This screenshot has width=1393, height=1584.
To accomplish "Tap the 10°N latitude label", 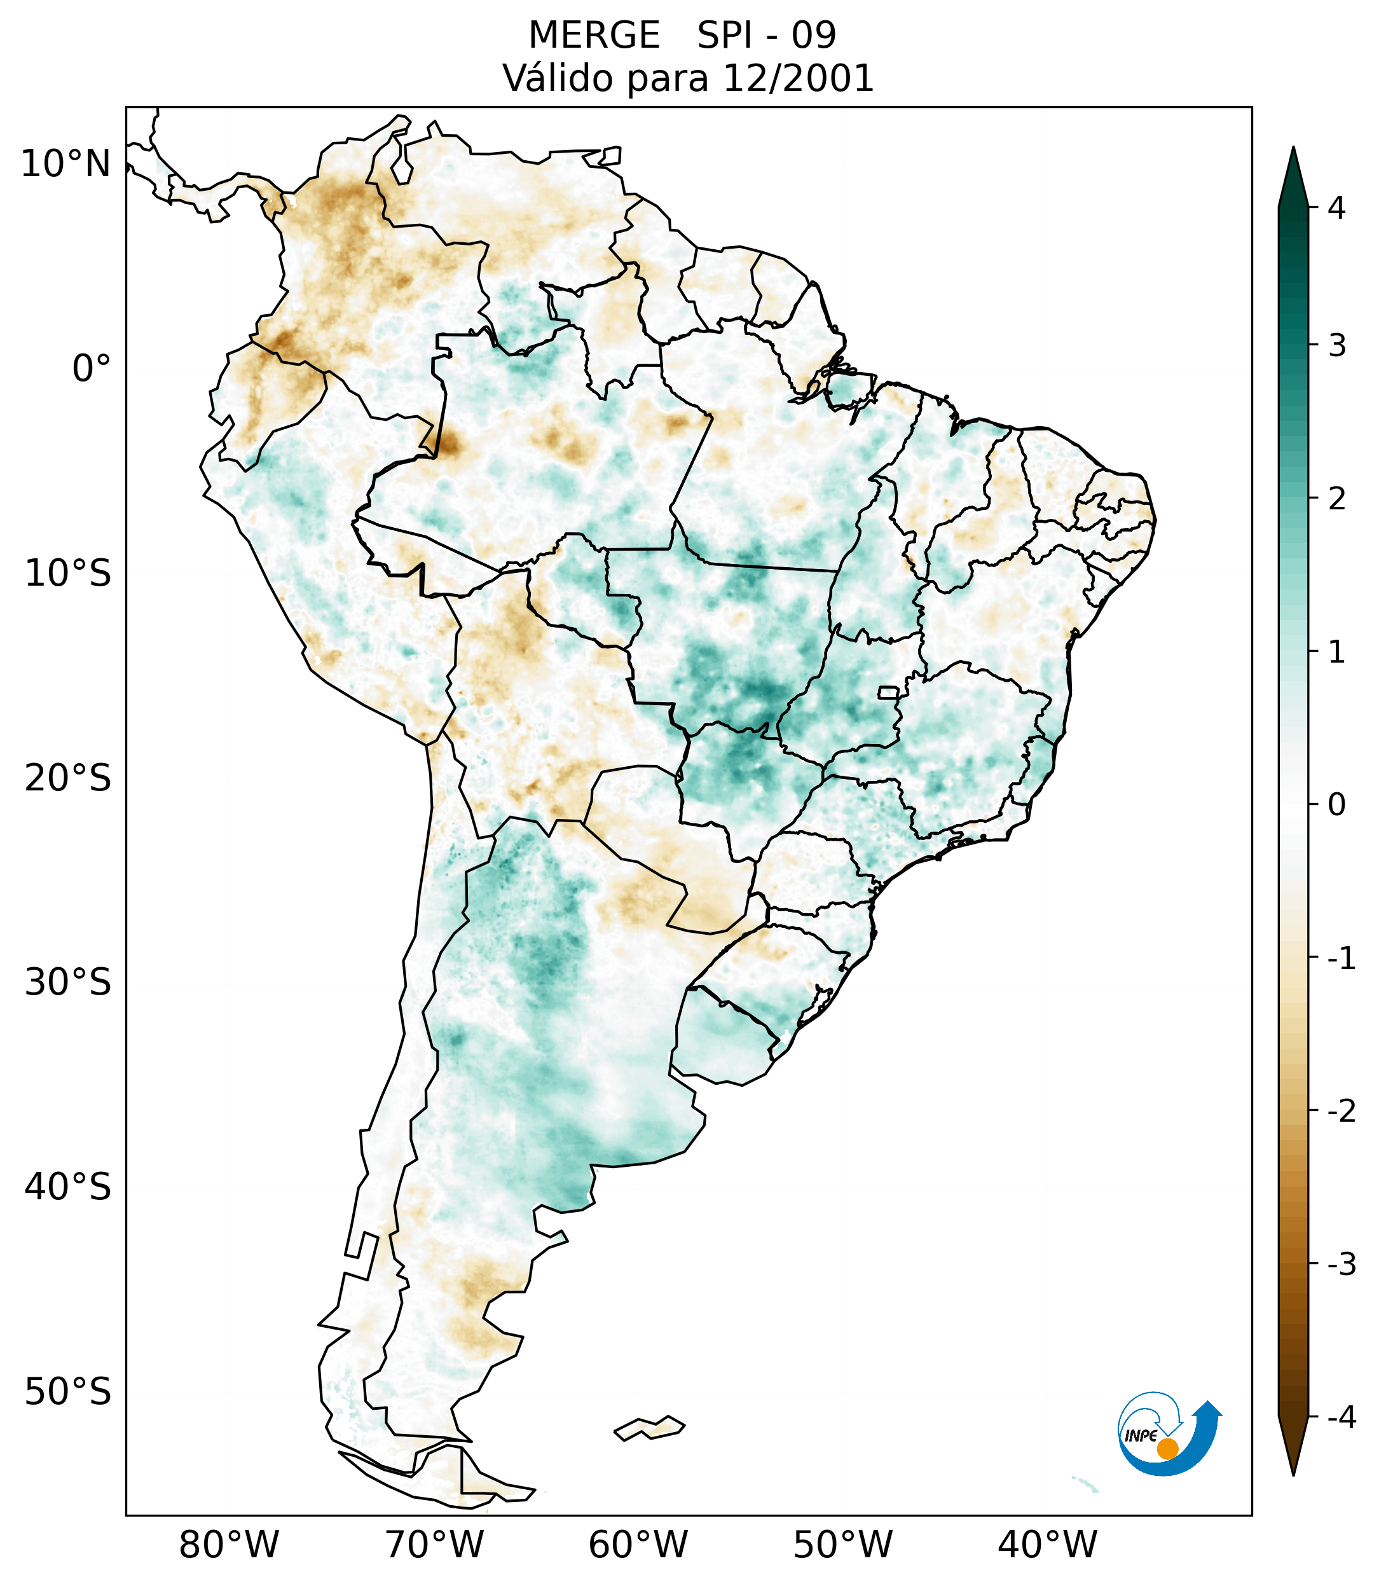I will tap(66, 164).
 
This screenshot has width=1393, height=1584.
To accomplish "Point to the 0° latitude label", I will tap(92, 369).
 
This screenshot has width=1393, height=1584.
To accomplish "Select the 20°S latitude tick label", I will tap(68, 778).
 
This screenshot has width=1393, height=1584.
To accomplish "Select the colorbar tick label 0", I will tap(1336, 805).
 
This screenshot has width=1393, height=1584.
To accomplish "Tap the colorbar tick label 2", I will tap(1336, 499).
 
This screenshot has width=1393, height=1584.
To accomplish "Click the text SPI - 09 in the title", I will tap(766, 36).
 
